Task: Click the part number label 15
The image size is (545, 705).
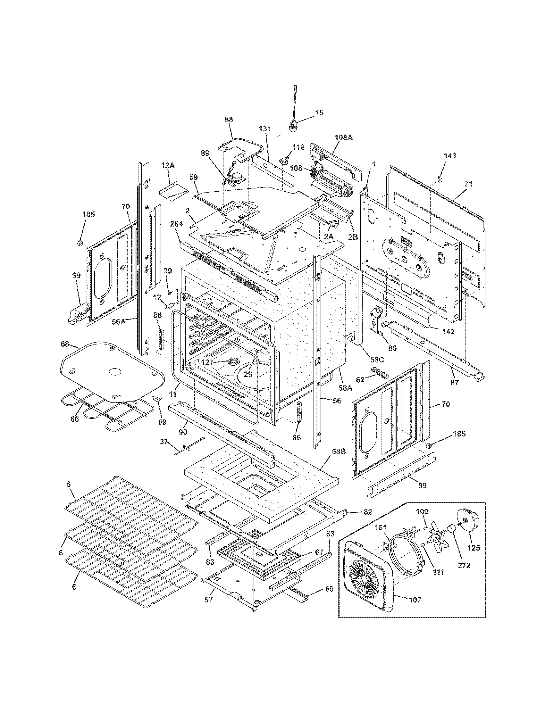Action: (x=319, y=113)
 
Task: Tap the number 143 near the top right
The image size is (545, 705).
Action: (x=450, y=156)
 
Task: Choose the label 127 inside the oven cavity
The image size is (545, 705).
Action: (x=207, y=362)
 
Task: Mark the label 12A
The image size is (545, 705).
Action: (x=168, y=165)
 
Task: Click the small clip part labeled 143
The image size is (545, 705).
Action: (x=440, y=178)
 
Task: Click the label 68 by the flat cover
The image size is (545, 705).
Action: (x=65, y=344)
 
